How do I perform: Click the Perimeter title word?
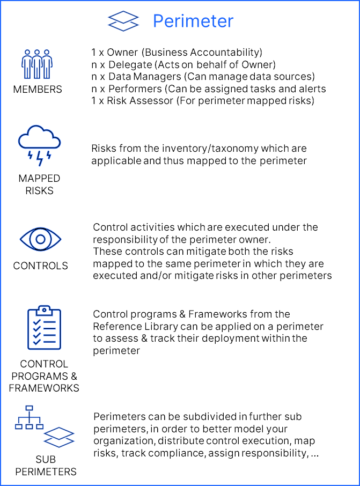pos(193,21)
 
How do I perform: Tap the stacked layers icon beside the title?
pos(123,21)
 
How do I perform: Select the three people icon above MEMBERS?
pos(37,64)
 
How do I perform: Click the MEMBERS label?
pos(38,90)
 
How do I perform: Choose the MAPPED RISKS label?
pos(39,185)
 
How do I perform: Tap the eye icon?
pos(40,239)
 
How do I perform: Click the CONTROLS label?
pos(40,266)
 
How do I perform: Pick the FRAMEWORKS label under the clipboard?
pos(44,388)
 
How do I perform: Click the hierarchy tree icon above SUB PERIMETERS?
pos(29,417)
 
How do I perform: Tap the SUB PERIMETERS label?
pos(46,466)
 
